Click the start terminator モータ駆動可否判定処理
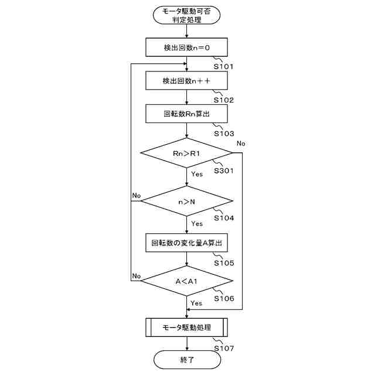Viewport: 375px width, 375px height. point(186,16)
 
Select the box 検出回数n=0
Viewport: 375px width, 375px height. point(186,47)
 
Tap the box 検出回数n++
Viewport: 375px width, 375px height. point(186,80)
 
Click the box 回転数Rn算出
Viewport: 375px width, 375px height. point(186,114)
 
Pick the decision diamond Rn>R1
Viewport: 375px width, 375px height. point(186,154)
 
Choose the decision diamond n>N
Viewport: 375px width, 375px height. point(186,202)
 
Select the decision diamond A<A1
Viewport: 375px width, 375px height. point(186,282)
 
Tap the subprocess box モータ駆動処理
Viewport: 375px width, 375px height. point(186,327)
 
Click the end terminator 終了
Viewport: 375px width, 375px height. point(186,360)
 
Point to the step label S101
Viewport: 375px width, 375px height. point(224,67)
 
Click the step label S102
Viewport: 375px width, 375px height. point(224,100)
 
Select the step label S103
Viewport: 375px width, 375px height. point(224,134)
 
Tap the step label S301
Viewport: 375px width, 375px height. point(224,171)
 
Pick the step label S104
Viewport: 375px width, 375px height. point(224,219)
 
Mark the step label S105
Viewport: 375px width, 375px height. point(224,262)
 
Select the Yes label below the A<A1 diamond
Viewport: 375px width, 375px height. point(196,303)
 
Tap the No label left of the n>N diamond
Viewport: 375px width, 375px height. point(137,195)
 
